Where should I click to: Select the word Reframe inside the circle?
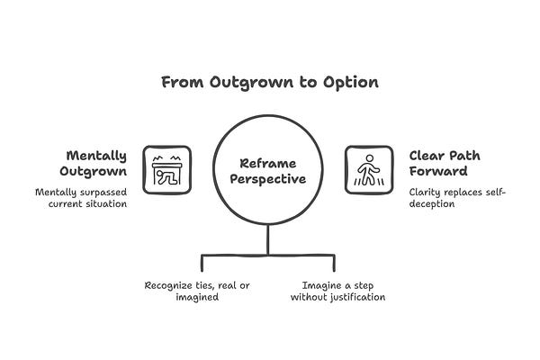click(x=267, y=163)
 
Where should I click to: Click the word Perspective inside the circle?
click(x=267, y=178)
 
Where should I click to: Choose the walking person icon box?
click(x=369, y=169)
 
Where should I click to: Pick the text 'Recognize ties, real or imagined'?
click(x=198, y=292)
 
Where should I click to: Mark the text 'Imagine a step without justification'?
click(x=337, y=292)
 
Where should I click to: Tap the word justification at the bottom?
click(x=352, y=298)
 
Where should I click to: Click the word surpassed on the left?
click(x=106, y=192)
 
